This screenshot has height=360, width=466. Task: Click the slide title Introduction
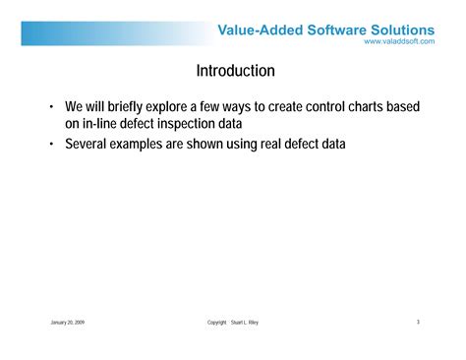(235, 72)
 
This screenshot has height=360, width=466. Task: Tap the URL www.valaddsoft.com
(398, 41)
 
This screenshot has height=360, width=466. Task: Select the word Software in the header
(337, 30)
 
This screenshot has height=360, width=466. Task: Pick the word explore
(184, 106)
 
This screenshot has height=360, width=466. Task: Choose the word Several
(88, 145)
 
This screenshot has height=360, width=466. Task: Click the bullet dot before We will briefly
(52, 106)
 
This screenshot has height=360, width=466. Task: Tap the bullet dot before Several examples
(52, 145)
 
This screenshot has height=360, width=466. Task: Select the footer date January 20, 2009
(67, 322)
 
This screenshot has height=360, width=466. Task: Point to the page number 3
(418, 322)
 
